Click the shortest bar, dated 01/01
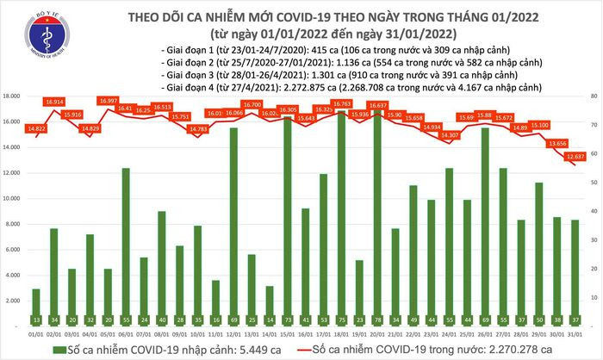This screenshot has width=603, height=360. (35, 300)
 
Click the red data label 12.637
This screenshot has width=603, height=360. (576, 157)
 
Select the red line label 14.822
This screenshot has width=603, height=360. (37, 128)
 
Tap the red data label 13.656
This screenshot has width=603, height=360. (558, 143)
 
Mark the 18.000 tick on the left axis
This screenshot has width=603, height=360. (11, 96)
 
